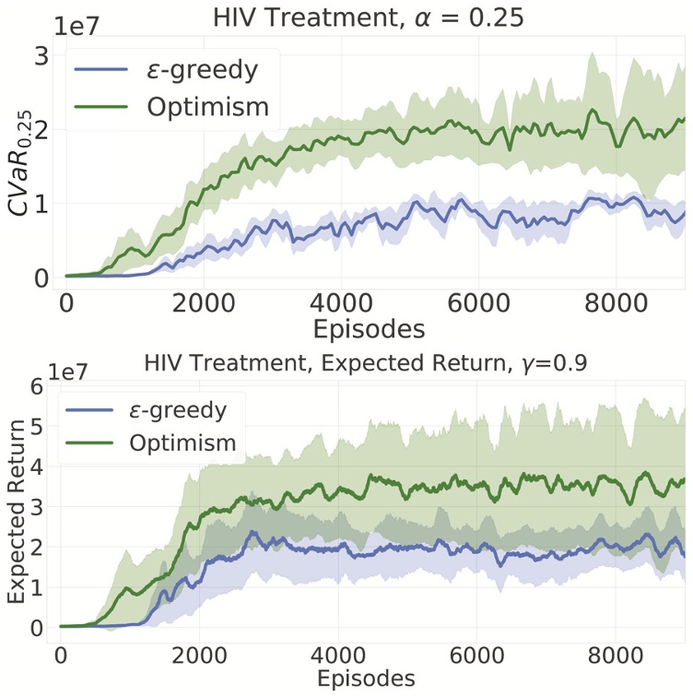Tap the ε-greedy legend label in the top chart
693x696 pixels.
tap(206, 68)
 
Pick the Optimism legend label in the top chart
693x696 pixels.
tap(207, 107)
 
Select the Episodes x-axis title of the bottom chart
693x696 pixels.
tap(367, 678)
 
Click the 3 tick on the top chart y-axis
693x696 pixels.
tap(40, 55)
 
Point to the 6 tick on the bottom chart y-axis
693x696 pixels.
tap(38, 386)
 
